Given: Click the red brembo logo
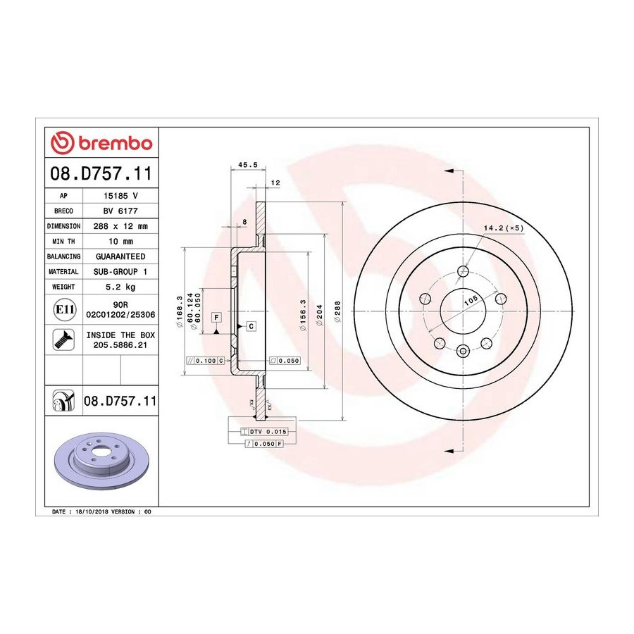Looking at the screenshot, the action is (101, 143).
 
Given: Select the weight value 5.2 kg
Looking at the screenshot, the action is (120, 287).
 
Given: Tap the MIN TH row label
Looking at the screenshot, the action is (63, 242).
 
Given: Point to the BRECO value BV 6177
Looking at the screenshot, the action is (120, 211).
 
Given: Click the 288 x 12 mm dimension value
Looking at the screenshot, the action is (120, 226).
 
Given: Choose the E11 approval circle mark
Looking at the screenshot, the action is (64, 309).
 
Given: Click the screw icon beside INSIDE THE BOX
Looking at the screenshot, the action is (63, 340).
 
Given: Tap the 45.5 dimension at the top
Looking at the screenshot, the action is (248, 165).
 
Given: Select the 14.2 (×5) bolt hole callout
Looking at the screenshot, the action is (504, 228).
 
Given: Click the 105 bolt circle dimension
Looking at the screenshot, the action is (471, 299).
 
